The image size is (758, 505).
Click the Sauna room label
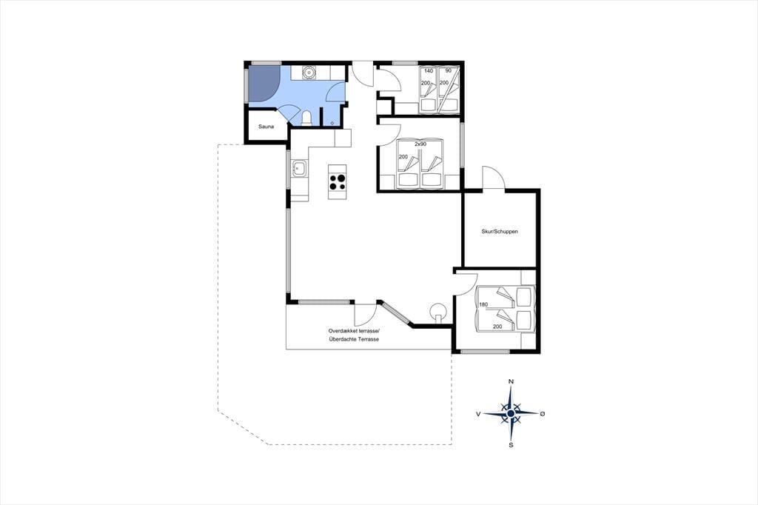pos(266,127)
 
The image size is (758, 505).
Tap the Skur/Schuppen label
pos(500,232)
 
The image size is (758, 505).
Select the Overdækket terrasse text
pos(355,331)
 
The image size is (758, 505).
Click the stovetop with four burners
pos(338,181)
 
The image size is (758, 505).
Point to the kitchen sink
pos(299,169)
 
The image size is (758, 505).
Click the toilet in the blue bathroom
pos(306,118)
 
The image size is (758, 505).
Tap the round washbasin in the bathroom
pos(309,72)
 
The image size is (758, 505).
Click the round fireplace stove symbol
pos(438,310)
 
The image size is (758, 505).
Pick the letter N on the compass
pos(511,381)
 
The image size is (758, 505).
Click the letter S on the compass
pos(511,445)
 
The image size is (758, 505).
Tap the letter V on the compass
pos(478,414)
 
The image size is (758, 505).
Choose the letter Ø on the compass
pos(543,414)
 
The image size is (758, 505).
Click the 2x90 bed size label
pos(420,144)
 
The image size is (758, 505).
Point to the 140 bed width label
pos(429,70)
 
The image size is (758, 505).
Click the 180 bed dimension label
pos(483,305)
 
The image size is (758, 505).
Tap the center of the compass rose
pos(511,414)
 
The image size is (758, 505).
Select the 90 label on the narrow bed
pos(448,70)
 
